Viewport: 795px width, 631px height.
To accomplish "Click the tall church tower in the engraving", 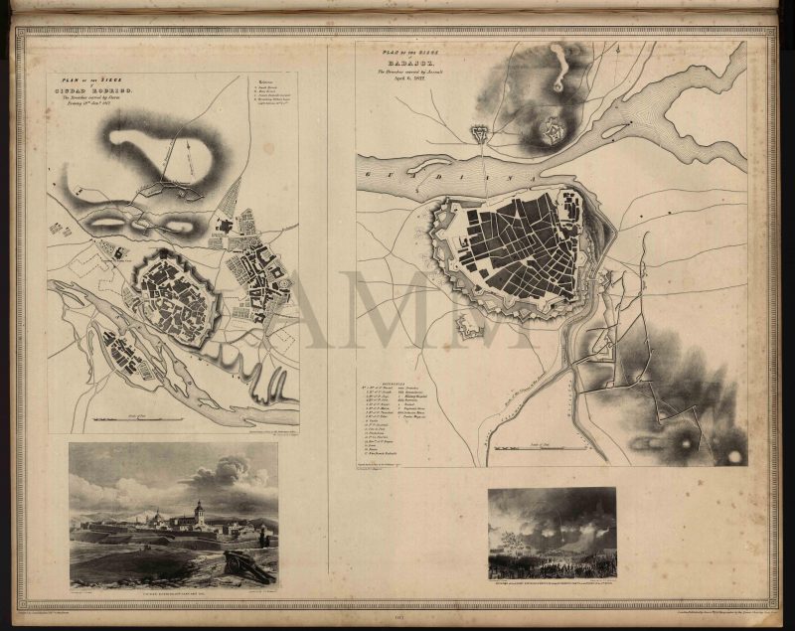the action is coord(199,511).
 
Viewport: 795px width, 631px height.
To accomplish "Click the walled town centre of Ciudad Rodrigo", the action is coord(177,296).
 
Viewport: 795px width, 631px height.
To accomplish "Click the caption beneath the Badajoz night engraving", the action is coord(552,584).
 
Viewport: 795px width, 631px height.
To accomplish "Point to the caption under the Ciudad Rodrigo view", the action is coord(173,593).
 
